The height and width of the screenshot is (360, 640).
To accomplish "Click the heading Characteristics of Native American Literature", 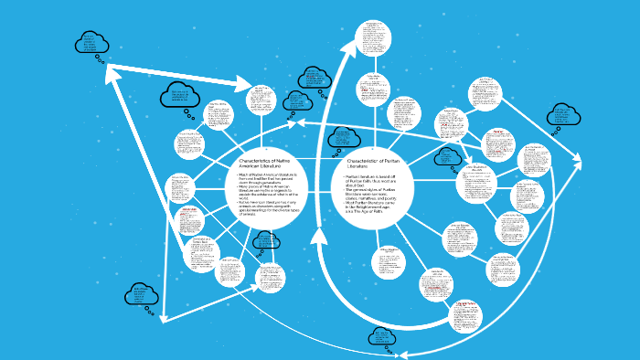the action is [265, 164].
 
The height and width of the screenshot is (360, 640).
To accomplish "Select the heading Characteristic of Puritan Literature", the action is [369, 164].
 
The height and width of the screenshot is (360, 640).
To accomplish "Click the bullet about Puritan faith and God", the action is [375, 182].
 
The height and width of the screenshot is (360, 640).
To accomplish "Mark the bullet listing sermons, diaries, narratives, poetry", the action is [375, 195].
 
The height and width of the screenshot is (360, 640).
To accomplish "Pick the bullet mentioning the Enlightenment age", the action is [375, 208].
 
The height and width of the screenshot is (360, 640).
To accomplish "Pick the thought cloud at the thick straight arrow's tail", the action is [91, 42].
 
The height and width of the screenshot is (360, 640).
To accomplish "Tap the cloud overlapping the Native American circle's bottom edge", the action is [265, 241].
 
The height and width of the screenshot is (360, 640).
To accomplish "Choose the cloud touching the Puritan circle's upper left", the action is [343, 137].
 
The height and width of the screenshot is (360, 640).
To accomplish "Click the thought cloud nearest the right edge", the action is [561, 116].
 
